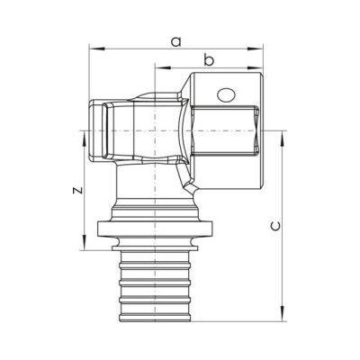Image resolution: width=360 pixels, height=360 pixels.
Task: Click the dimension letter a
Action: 176,41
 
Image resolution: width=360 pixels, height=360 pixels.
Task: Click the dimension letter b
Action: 209,59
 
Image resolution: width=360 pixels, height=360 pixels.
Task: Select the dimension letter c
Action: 275,226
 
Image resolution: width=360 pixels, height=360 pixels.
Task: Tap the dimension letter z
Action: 78,190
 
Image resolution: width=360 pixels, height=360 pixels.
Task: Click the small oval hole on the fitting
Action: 226,95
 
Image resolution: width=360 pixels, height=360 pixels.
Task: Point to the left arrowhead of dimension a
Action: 96,49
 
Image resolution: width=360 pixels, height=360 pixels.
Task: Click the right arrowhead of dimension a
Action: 256,49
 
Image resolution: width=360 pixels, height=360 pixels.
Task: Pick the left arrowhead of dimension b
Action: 162,68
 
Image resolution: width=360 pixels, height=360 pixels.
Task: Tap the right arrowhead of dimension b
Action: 256,68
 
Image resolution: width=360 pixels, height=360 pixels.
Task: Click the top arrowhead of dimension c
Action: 283,139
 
